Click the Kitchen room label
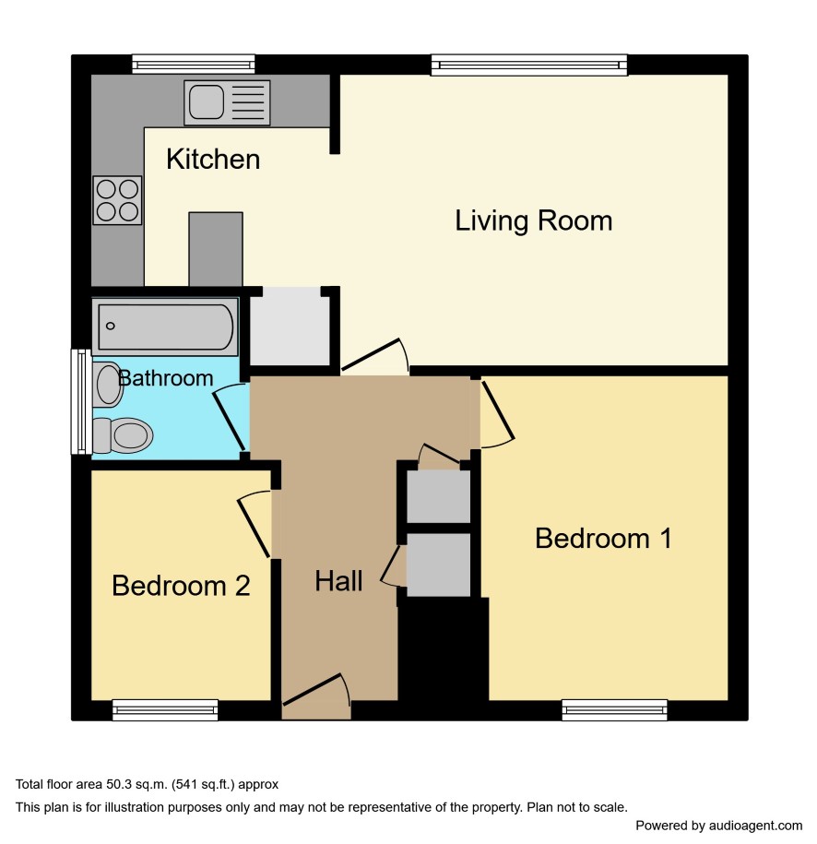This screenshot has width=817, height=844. [213, 160]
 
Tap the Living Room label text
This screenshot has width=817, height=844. [533, 220]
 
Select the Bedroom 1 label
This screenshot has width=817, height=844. [603, 539]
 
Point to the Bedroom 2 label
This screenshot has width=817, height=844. [181, 586]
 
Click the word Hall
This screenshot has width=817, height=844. [338, 581]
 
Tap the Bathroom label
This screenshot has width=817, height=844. [166, 378]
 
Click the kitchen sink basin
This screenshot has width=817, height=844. [207, 101]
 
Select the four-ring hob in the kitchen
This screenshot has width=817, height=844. [117, 200]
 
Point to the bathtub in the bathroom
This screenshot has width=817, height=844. [165, 327]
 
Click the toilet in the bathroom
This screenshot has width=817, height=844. [123, 435]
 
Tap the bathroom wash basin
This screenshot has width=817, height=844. [108, 385]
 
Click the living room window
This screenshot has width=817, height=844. [529, 65]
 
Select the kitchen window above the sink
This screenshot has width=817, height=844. [194, 64]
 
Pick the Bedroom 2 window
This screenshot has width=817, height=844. [165, 710]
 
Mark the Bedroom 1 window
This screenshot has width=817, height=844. [615, 710]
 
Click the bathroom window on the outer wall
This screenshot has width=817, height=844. [81, 401]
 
